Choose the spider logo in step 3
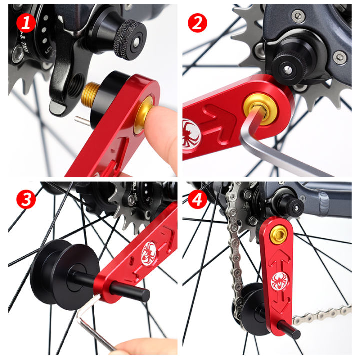pyautogui.click(x=149, y=249)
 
